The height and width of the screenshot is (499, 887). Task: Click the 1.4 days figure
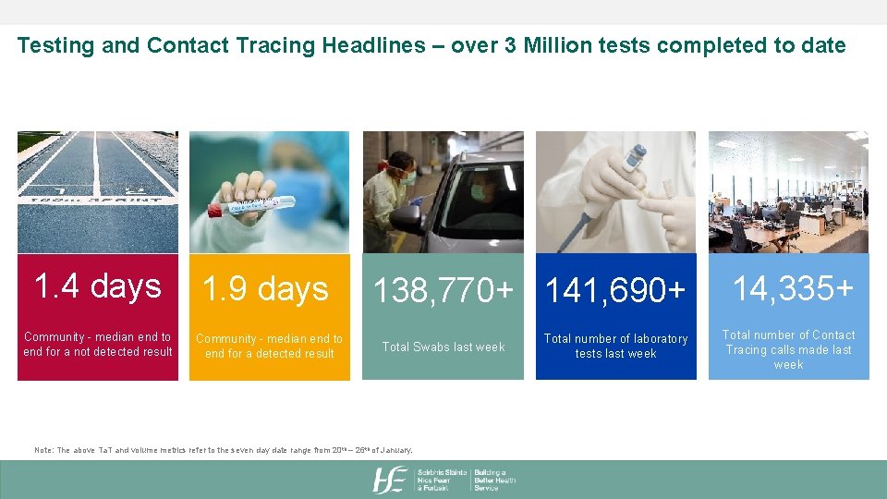(x=97, y=286)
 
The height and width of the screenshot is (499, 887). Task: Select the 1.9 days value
(x=265, y=289)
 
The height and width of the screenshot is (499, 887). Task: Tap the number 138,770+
(x=443, y=291)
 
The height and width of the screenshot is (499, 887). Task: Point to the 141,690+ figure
(x=615, y=291)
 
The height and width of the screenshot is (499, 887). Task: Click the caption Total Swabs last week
(x=443, y=347)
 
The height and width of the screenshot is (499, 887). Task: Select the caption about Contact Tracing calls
(x=788, y=349)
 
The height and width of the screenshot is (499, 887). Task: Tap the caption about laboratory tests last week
(x=615, y=347)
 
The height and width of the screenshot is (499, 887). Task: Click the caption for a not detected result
(x=98, y=345)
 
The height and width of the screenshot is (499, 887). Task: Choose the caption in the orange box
(x=270, y=347)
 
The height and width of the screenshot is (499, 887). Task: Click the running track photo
(x=97, y=191)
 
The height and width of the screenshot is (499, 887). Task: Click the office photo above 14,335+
(x=788, y=191)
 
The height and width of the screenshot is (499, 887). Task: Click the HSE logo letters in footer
(x=389, y=480)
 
